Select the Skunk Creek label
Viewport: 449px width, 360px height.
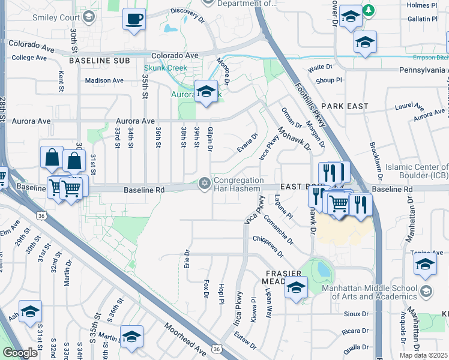pos(165,68)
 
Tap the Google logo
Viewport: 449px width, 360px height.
pos(20,353)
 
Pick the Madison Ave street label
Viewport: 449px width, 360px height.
pos(104,80)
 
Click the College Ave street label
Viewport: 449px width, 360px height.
pos(29,58)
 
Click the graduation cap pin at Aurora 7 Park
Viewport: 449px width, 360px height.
pos(206,92)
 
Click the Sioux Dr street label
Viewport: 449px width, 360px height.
pos(356,314)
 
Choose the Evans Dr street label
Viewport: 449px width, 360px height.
pos(247,142)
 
